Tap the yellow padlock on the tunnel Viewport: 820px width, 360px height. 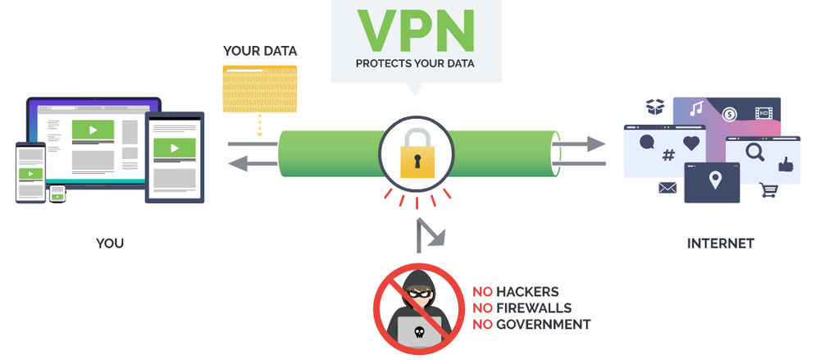pos(416,156)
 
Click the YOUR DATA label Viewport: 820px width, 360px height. pos(260,51)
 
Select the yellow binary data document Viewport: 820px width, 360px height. pos(259,88)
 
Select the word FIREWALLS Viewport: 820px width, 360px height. pos(533,308)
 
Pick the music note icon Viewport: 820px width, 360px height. pos(696,108)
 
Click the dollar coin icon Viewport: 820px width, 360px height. pos(728,114)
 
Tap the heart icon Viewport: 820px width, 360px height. pos(691,144)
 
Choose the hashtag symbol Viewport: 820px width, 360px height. pos(668,155)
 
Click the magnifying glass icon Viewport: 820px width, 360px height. pos(754,152)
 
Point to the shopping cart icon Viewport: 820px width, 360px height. pos(768,190)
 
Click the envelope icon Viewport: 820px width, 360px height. pos(667,189)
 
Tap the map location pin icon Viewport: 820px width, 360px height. pos(713,180)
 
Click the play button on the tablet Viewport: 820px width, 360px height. pos(175,148)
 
